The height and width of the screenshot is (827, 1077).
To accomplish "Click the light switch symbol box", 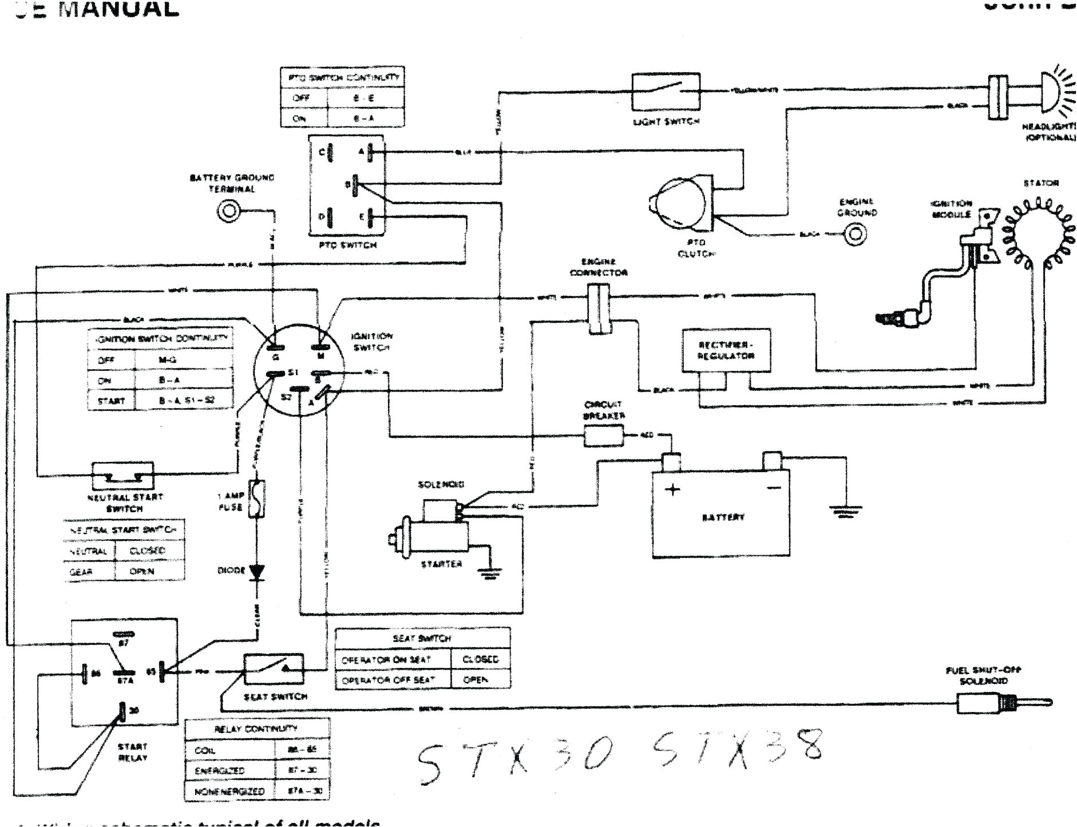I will [x=666, y=91].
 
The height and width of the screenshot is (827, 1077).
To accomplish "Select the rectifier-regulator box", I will [x=726, y=350].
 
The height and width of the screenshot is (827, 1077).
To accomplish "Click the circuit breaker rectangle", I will [x=603, y=437].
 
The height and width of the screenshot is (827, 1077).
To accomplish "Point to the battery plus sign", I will [x=674, y=490].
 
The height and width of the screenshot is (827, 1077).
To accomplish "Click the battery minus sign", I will [x=773, y=488].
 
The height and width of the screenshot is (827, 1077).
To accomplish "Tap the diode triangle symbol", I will [x=257, y=571].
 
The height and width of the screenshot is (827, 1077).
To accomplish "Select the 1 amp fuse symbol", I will [x=257, y=500].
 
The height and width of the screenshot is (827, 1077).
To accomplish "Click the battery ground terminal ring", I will [x=229, y=211].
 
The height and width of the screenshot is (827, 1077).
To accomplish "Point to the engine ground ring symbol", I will [x=856, y=234].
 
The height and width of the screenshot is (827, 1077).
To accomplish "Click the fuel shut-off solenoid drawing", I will [x=1001, y=703].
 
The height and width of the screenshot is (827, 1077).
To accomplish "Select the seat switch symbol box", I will [x=274, y=669].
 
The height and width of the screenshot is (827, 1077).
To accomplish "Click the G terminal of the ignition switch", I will [x=275, y=347].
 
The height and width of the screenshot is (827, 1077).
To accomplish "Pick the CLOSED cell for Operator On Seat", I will [x=480, y=659].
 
